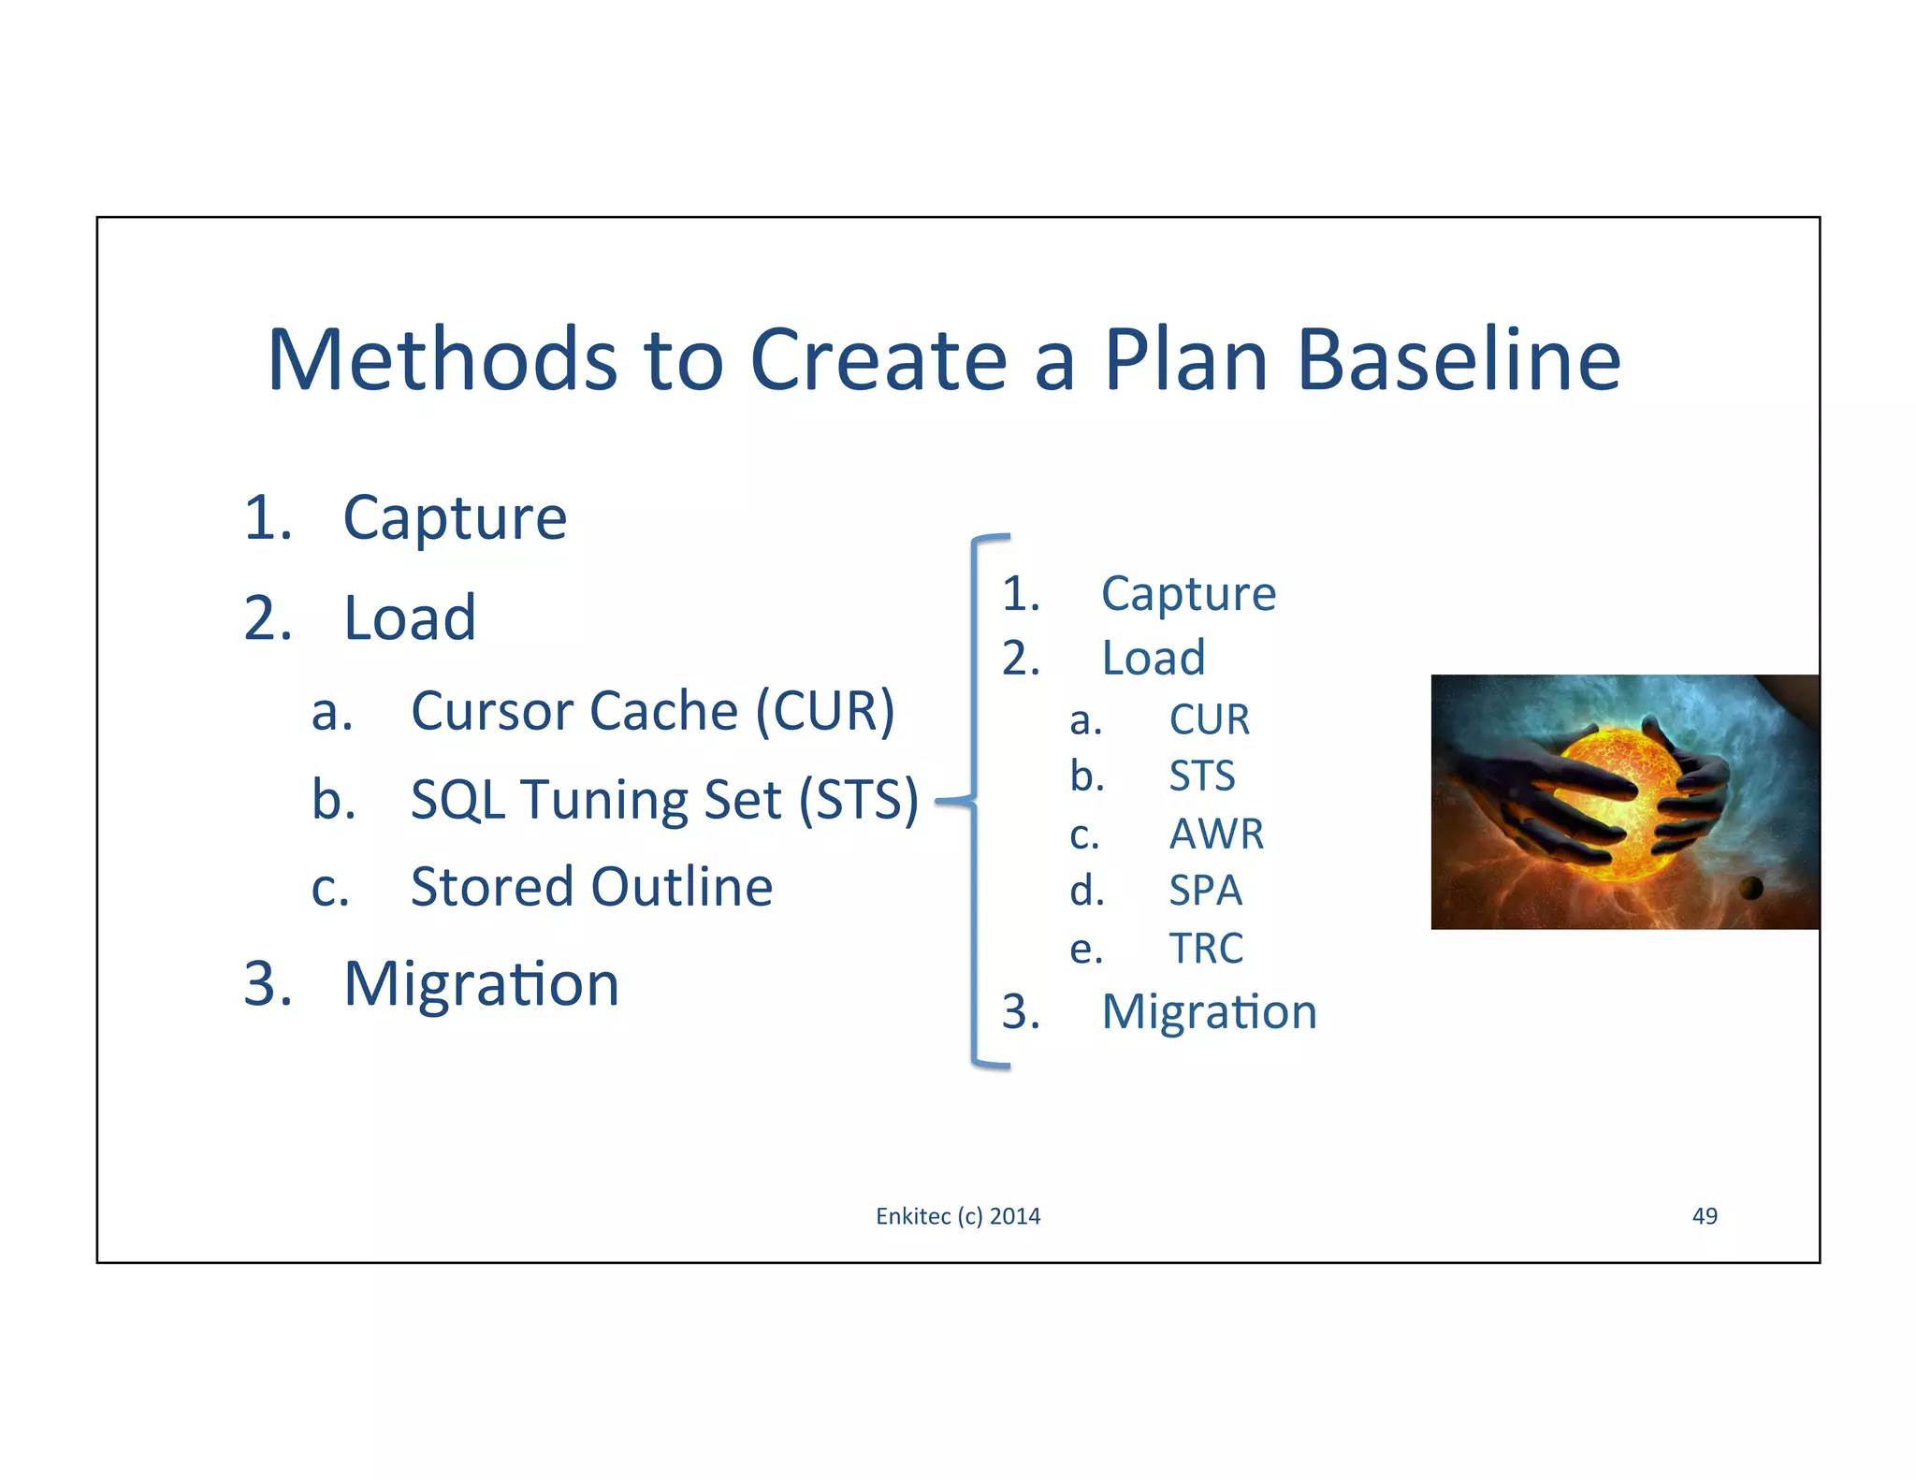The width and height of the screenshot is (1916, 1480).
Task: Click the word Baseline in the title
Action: coord(1459,360)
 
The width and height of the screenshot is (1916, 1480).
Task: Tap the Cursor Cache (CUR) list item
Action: coord(652,711)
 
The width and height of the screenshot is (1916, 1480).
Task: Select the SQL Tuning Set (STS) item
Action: coord(664,800)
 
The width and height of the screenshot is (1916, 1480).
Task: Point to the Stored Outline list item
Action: coord(591,887)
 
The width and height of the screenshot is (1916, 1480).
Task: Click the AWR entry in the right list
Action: coord(1216,834)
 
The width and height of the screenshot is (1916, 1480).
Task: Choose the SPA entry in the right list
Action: coord(1205,891)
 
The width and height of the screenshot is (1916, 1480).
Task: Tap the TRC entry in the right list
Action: coord(1206,949)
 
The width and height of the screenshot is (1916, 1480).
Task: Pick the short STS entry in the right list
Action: coord(1202,776)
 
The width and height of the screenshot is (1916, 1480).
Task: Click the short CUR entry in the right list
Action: coord(1209,719)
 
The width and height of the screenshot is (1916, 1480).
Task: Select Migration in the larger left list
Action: coord(481,984)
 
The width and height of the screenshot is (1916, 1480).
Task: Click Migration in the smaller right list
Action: coord(1209,1012)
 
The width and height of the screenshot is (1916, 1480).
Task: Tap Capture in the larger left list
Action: coord(455,517)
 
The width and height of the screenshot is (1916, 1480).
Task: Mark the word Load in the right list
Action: coord(1153,658)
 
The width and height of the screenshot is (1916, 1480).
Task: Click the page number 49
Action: coord(1705,1216)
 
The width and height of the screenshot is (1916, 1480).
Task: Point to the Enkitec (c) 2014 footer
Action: coord(958,1216)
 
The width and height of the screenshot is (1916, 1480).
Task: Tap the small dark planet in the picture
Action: coord(1750,887)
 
